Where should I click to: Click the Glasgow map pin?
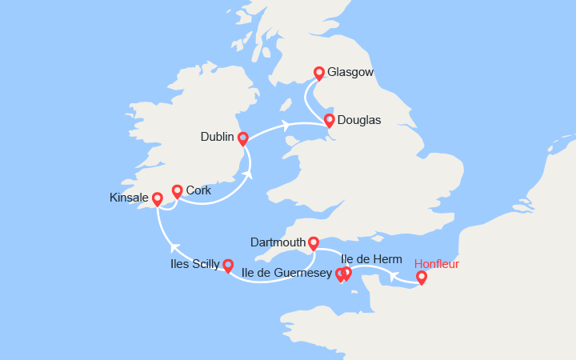pos(319,73)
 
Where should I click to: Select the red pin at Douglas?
pos(329,121)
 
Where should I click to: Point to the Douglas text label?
pos(359,121)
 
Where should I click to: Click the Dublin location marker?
pos(243,138)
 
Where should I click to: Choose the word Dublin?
pos(217,138)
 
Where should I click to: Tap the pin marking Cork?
pos(177,190)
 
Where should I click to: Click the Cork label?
pos(198,190)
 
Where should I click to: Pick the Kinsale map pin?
pos(157,198)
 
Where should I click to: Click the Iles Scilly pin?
pos(228,265)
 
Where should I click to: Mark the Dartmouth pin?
pos(314,242)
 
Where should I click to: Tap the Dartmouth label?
pos(278,242)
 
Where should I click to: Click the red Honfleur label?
pos(437,263)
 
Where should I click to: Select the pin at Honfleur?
pos(422,278)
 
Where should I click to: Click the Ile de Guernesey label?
pos(286,274)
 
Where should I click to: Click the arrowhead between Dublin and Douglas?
pos(284,125)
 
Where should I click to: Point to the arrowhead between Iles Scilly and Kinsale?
pos(174,248)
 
